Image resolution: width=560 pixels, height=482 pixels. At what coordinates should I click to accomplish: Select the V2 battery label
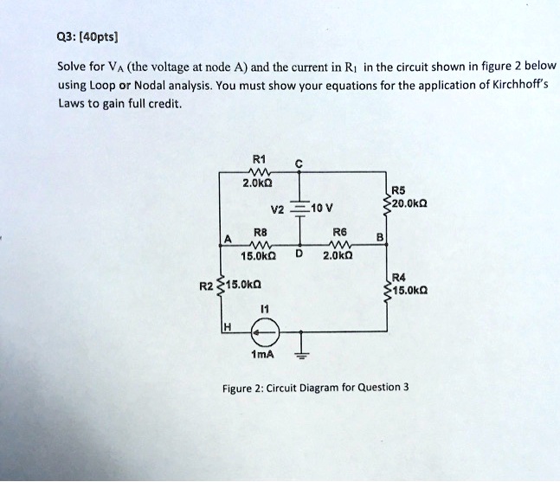277,209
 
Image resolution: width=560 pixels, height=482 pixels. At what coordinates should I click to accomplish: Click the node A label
227,239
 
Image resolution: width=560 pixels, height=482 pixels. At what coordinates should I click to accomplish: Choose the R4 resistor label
398,278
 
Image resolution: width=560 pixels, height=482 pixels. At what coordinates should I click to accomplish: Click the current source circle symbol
266,331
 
